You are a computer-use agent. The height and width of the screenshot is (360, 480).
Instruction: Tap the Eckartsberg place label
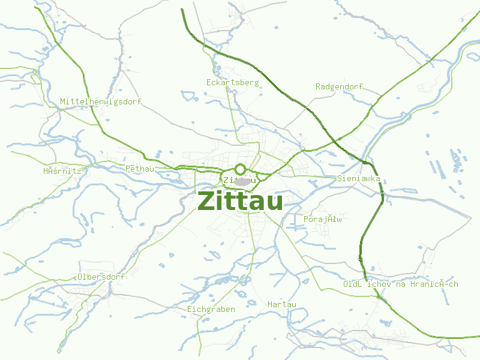232,82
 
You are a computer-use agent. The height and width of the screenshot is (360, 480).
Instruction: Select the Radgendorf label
339,86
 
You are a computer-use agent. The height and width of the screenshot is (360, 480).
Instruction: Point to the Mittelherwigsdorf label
101,101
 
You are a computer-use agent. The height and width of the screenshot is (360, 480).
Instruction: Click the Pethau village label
140,169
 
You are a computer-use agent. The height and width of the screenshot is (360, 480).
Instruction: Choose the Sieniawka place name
359,178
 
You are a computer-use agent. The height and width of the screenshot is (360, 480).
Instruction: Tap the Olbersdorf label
101,277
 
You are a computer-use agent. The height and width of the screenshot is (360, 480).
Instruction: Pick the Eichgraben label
211,309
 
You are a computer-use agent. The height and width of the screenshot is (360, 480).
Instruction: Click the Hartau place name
282,304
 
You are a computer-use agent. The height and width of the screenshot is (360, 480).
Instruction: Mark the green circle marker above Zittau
241,169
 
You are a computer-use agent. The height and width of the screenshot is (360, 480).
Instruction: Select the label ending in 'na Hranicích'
400,284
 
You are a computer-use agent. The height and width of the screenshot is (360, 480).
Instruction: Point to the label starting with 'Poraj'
322,219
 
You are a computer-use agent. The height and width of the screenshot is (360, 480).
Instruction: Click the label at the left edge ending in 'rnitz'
62,171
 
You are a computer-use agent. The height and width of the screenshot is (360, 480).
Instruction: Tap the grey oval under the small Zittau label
242,181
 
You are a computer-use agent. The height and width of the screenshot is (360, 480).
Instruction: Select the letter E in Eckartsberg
208,82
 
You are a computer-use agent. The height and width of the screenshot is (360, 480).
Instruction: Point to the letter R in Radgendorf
318,86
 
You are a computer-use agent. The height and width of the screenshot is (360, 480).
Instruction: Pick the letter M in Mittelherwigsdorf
63,101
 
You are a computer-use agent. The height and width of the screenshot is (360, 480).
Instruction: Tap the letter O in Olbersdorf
80,277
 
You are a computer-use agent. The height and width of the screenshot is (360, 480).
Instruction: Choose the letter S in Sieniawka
340,178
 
